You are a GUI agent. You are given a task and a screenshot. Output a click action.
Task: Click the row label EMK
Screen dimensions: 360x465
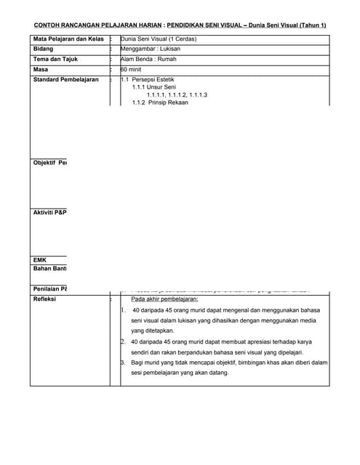pos(41,259)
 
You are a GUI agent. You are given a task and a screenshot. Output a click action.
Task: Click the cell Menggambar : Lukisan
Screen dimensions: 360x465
pos(152,49)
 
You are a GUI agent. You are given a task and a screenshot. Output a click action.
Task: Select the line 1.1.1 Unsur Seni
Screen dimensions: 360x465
pos(154,87)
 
